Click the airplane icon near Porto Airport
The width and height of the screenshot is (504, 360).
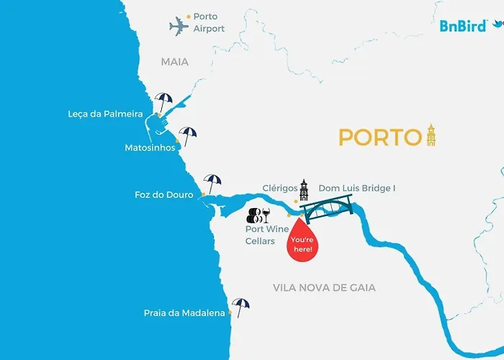179,26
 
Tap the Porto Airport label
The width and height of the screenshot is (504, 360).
209,22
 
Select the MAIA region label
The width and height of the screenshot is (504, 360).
175,62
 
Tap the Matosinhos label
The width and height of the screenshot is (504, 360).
149,148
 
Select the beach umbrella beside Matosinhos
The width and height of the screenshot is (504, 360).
189,135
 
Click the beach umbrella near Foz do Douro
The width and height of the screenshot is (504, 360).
212,183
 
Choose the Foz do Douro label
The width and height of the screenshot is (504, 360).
164,194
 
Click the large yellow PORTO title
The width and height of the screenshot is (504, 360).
379,136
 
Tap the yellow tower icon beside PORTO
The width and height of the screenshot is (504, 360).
431,134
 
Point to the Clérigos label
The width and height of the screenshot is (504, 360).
280,188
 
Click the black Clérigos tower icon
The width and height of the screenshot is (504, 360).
304,191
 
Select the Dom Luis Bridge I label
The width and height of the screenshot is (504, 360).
357,188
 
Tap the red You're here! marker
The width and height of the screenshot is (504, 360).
302,241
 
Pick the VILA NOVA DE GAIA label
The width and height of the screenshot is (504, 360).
324,287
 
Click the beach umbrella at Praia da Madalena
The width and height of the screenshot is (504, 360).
240,307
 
